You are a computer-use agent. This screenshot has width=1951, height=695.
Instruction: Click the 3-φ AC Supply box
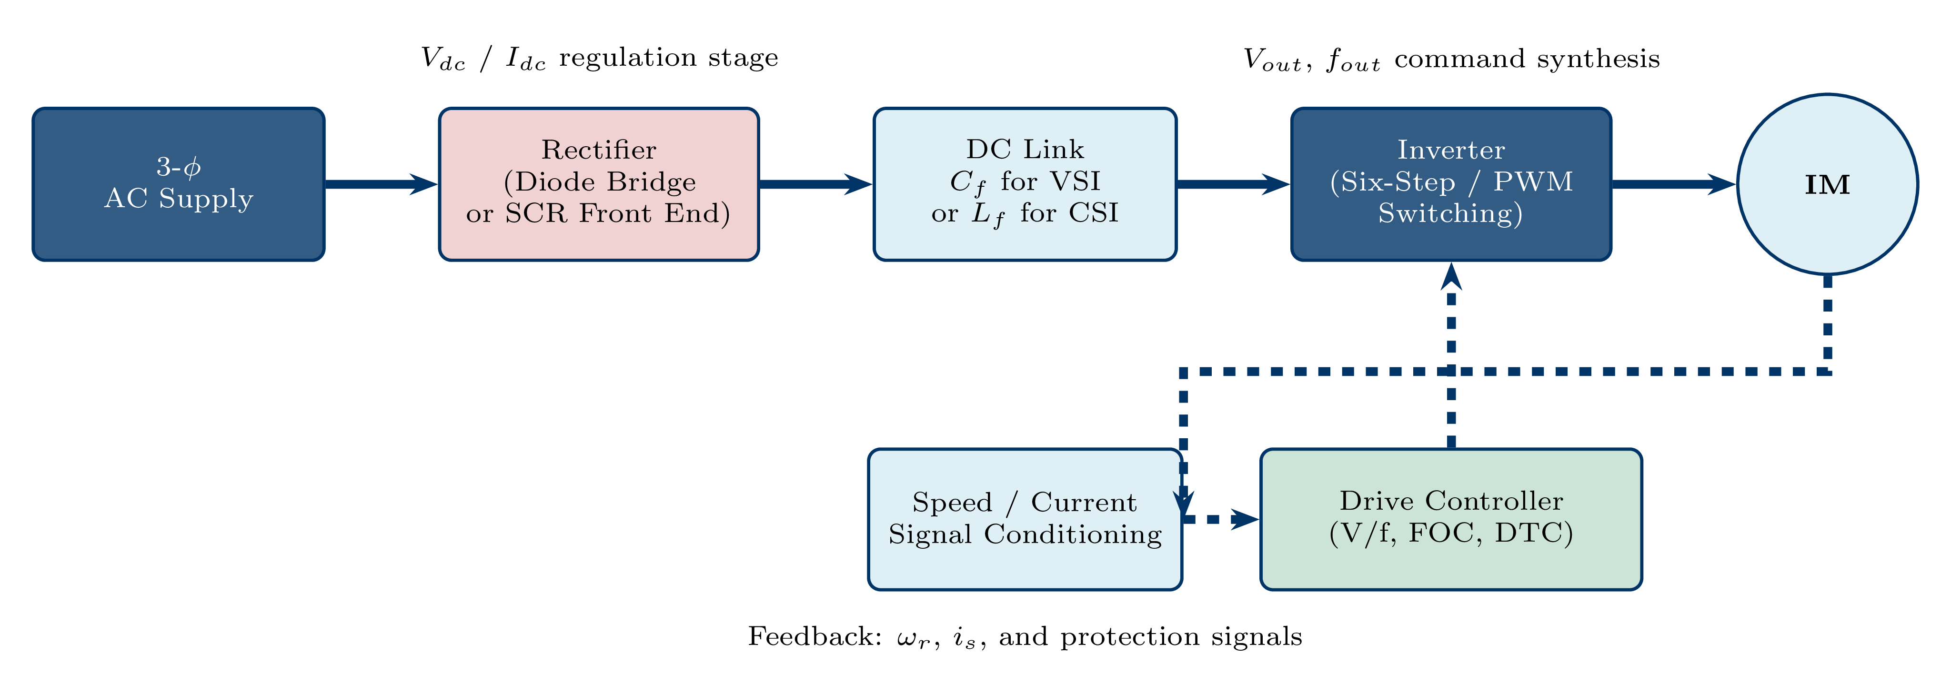pos(178,184)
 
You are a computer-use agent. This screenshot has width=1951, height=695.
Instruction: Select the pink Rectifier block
pos(598,184)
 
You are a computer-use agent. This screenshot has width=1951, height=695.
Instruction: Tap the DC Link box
pos(1025,184)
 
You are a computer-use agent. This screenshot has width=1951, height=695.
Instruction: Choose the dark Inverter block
pos(1450,184)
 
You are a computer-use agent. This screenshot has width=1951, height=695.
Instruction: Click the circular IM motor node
pos(1827,184)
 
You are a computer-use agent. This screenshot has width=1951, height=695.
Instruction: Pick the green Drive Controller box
pos(1450,519)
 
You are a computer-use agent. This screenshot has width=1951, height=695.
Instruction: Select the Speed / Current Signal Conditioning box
pos(1025,519)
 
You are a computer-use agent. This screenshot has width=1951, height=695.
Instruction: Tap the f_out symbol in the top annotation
pos(1353,60)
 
